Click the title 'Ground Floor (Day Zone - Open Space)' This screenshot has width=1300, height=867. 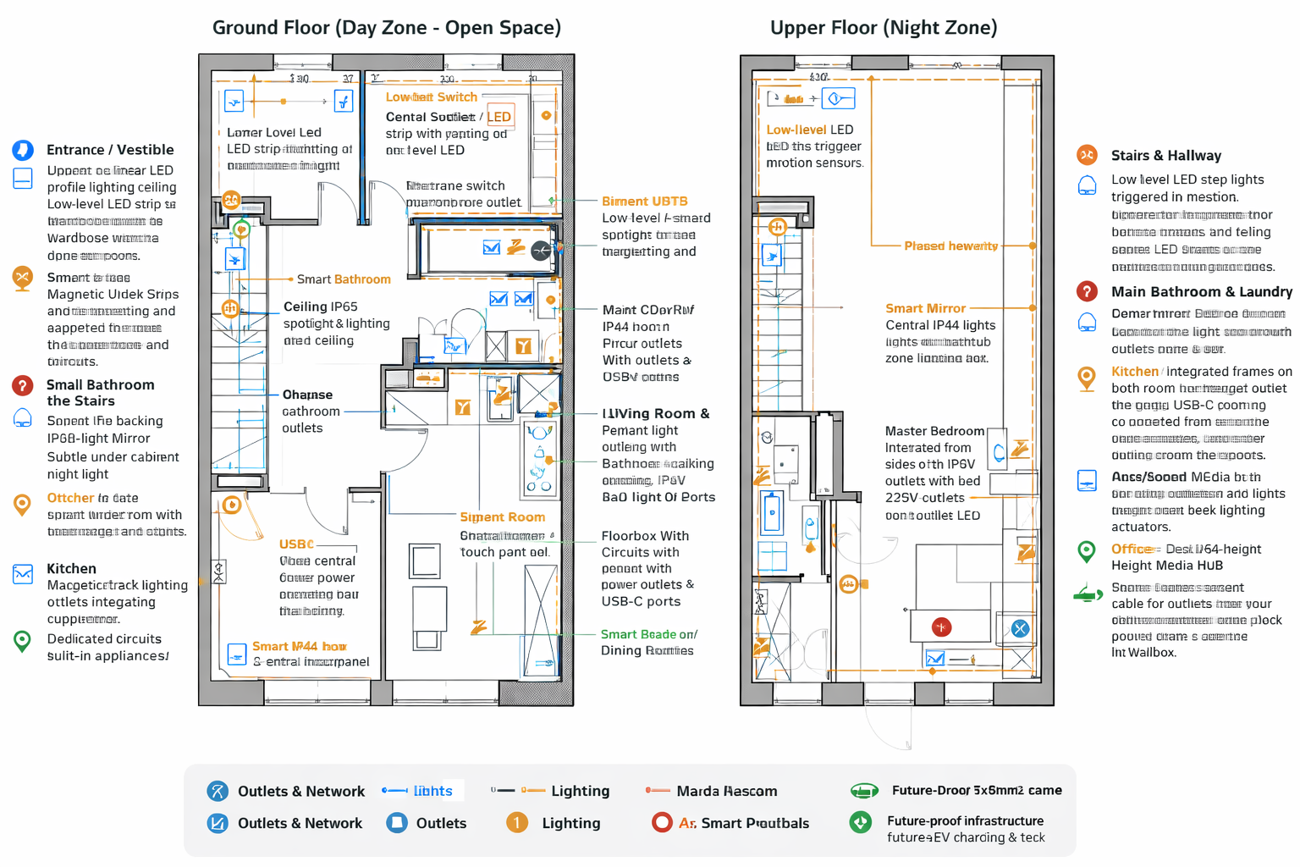point(386,28)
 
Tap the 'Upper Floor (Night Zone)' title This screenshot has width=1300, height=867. point(883,28)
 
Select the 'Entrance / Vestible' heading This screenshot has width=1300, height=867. point(110,150)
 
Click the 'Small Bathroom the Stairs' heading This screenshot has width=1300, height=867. point(100,392)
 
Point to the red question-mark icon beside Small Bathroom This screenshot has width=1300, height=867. point(23,386)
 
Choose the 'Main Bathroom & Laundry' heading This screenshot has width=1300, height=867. point(1201,292)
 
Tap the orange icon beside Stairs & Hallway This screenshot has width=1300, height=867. point(1087,155)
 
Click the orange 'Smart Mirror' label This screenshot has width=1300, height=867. point(925,308)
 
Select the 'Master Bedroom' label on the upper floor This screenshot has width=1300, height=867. point(934,431)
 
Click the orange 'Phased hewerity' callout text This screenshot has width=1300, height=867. point(950,246)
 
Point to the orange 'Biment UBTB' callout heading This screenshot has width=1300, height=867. point(644,202)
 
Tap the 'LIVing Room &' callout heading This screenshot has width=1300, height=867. point(655,414)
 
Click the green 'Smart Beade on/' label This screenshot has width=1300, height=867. point(648,634)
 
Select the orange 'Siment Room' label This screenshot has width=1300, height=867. point(502,517)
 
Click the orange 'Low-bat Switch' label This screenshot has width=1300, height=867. point(431,97)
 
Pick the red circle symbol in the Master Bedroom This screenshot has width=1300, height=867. point(941,627)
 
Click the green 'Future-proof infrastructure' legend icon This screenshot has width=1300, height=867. point(861,822)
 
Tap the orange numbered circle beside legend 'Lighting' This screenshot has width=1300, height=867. point(516,823)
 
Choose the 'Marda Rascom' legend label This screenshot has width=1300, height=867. point(726,792)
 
